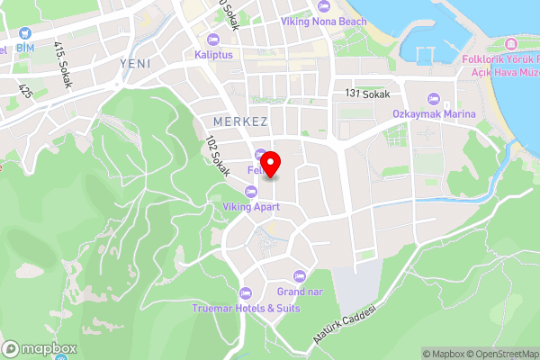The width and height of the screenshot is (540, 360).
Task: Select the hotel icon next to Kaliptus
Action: pyautogui.click(x=213, y=39)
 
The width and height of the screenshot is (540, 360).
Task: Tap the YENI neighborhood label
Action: pyautogui.click(x=135, y=63)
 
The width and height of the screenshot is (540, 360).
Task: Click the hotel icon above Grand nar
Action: pyautogui.click(x=299, y=274)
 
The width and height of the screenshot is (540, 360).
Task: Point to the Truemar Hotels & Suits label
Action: pyautogui.click(x=246, y=307)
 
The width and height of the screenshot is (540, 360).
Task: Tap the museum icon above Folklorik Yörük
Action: pyautogui.click(x=510, y=43)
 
